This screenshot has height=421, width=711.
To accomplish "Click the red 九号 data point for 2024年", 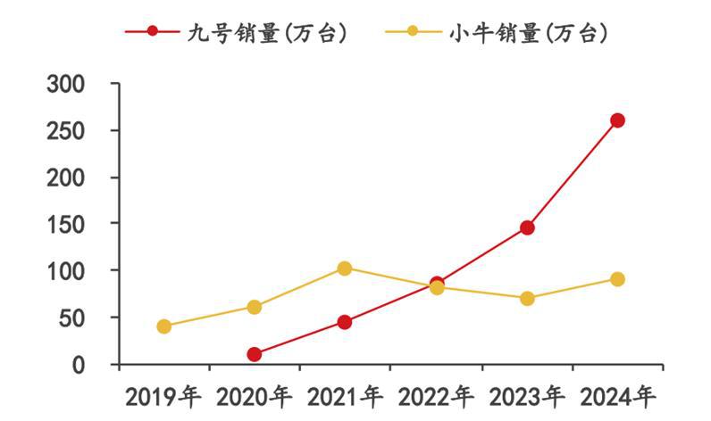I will (x=617, y=120).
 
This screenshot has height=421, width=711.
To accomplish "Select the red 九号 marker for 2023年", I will (x=527, y=227).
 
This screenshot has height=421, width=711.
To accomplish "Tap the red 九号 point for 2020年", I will (x=255, y=354).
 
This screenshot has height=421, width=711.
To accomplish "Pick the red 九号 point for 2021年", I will (x=345, y=322).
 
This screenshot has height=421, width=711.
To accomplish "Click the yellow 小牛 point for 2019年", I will (x=163, y=326).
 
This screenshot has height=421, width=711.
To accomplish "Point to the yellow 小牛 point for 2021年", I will (x=345, y=268).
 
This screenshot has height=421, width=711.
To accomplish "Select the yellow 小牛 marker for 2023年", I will (x=527, y=298).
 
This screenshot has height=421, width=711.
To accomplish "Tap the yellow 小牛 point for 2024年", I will (x=617, y=279).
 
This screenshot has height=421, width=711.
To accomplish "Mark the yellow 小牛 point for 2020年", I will (x=255, y=307).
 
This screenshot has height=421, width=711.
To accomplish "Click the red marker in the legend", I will (x=153, y=33).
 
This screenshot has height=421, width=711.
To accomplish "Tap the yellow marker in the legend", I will (x=413, y=33).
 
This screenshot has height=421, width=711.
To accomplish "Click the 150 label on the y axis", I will (x=66, y=224).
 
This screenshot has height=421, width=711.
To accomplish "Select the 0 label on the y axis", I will (x=78, y=364).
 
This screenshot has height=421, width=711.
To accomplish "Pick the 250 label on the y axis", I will (x=66, y=130).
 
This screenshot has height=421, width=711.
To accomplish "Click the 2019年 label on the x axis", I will (x=163, y=395).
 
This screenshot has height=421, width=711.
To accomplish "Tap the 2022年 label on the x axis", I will (x=435, y=395).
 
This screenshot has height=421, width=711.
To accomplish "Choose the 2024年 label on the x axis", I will (x=616, y=395).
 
